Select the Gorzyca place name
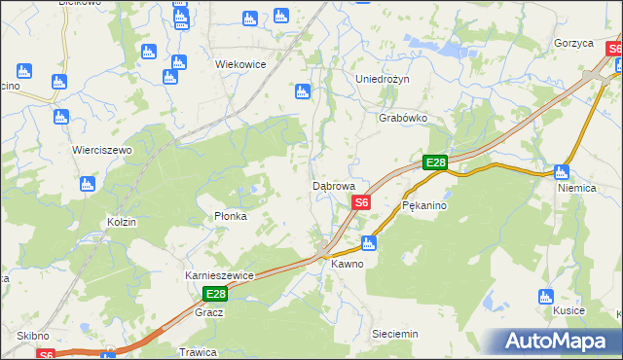[x=573, y=44]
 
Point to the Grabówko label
[x=403, y=118]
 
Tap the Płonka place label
[x=231, y=216]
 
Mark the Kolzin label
[x=122, y=222]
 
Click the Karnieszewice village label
[x=219, y=275]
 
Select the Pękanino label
[x=423, y=206]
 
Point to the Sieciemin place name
[x=395, y=334]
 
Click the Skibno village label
[x=32, y=335]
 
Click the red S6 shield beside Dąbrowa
[x=361, y=202]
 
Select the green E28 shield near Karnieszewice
[x=215, y=294]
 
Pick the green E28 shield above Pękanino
[x=435, y=163]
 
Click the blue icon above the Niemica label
[x=562, y=172]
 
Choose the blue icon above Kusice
[x=546, y=296]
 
